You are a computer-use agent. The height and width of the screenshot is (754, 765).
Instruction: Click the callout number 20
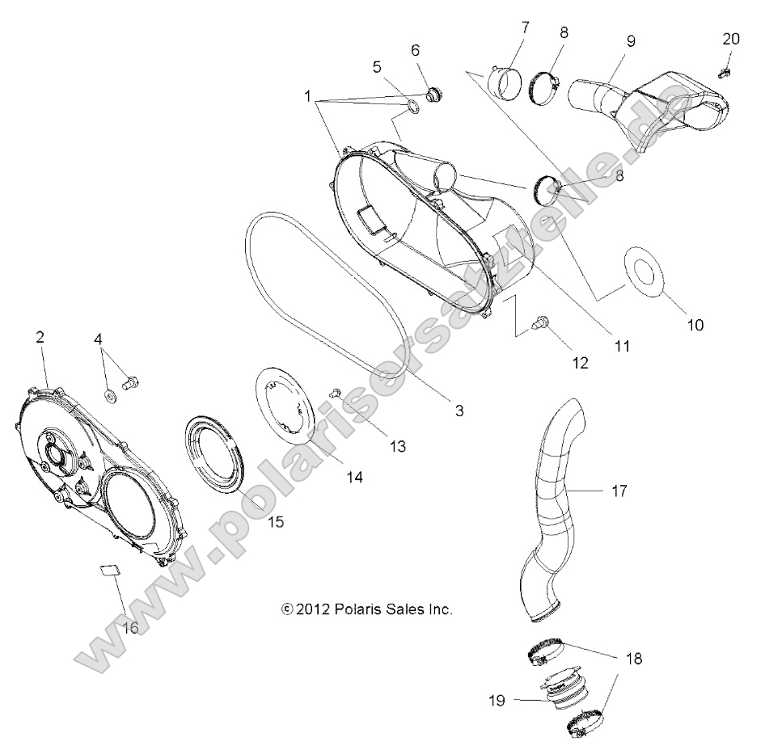[x=730, y=38]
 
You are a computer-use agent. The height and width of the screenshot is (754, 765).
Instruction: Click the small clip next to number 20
[x=724, y=74]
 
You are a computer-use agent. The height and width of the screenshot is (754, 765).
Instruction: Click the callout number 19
[x=497, y=701]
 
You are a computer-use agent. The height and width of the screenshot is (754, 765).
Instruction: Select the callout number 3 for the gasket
[x=459, y=411]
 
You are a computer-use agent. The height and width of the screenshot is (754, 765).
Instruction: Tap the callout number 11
[x=621, y=346]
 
